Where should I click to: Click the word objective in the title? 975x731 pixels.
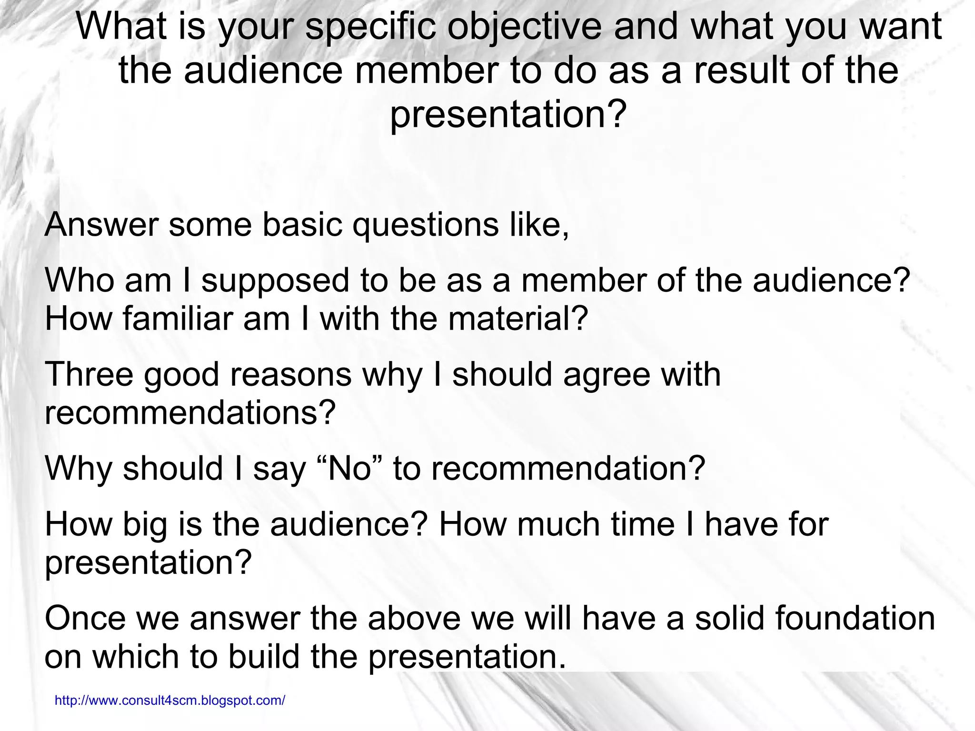click(x=524, y=27)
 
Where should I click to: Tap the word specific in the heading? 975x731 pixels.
click(x=370, y=27)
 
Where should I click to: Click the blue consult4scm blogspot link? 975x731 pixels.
click(x=170, y=700)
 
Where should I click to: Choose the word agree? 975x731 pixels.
click(x=606, y=375)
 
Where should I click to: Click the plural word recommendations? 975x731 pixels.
click(x=190, y=412)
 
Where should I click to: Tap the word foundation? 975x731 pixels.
click(x=855, y=618)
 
